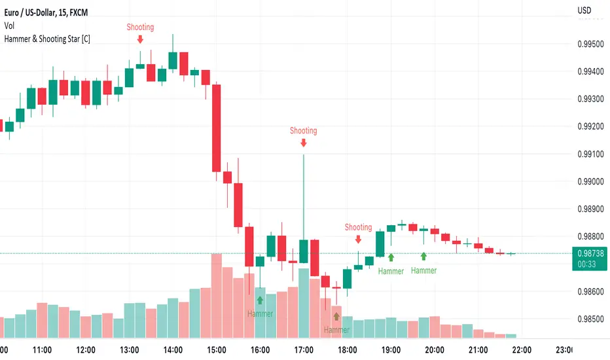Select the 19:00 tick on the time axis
pos(391,349)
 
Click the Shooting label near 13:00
pos(140,27)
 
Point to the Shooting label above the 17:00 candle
pos(303,130)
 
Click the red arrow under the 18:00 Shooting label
pos(358,239)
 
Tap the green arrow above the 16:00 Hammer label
pos(260,300)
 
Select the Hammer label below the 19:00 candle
pos(391,270)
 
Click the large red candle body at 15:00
pos(216,128)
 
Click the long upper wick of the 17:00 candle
pos(304,196)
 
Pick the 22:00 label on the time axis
pos(522,349)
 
